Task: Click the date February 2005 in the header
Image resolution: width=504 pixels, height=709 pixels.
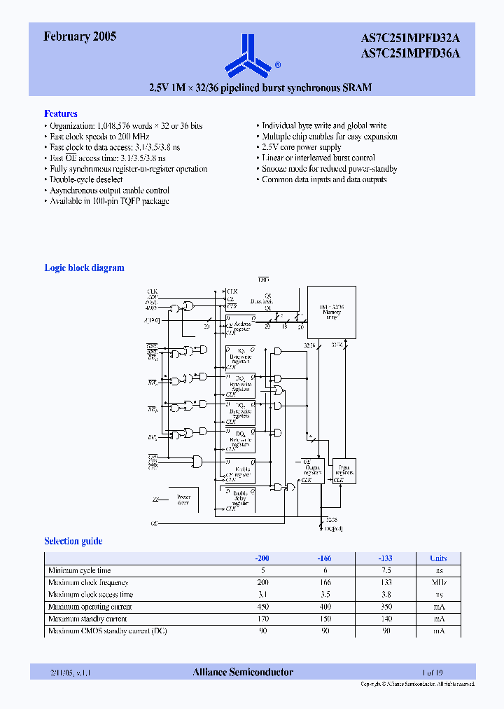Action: (x=80, y=37)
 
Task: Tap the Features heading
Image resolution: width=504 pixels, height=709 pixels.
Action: (x=61, y=113)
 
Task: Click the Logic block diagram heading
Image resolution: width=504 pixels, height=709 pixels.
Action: (x=84, y=268)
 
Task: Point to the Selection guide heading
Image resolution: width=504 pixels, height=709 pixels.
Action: (x=73, y=541)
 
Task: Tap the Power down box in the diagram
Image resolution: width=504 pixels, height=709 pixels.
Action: (x=183, y=498)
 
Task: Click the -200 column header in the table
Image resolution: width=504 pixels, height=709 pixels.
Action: (x=261, y=558)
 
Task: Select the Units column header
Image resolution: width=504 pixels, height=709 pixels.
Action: (x=438, y=558)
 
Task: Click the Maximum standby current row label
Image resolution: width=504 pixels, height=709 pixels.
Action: (x=87, y=619)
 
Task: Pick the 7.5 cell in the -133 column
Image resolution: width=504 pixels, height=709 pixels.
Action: (x=384, y=570)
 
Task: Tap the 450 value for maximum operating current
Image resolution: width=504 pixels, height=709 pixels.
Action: (x=262, y=607)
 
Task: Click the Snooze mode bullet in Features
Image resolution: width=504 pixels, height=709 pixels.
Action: (x=329, y=169)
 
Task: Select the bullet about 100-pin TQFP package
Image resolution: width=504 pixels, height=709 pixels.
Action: (x=109, y=201)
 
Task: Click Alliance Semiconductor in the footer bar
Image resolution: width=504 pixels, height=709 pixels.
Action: (x=243, y=672)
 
